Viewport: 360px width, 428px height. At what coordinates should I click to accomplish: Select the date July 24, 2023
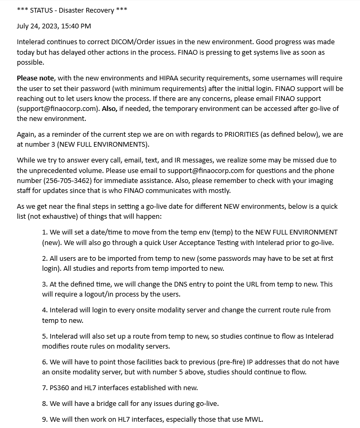coord(35,26)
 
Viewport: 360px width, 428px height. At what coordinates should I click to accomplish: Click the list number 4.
coord(45,310)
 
